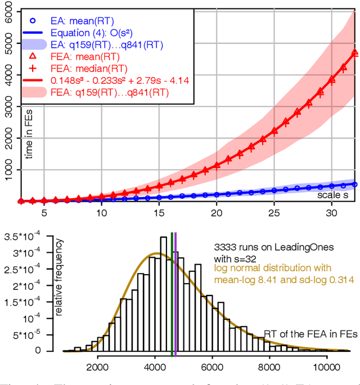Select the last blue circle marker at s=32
(x=354, y=183)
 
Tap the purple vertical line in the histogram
(x=175, y=293)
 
